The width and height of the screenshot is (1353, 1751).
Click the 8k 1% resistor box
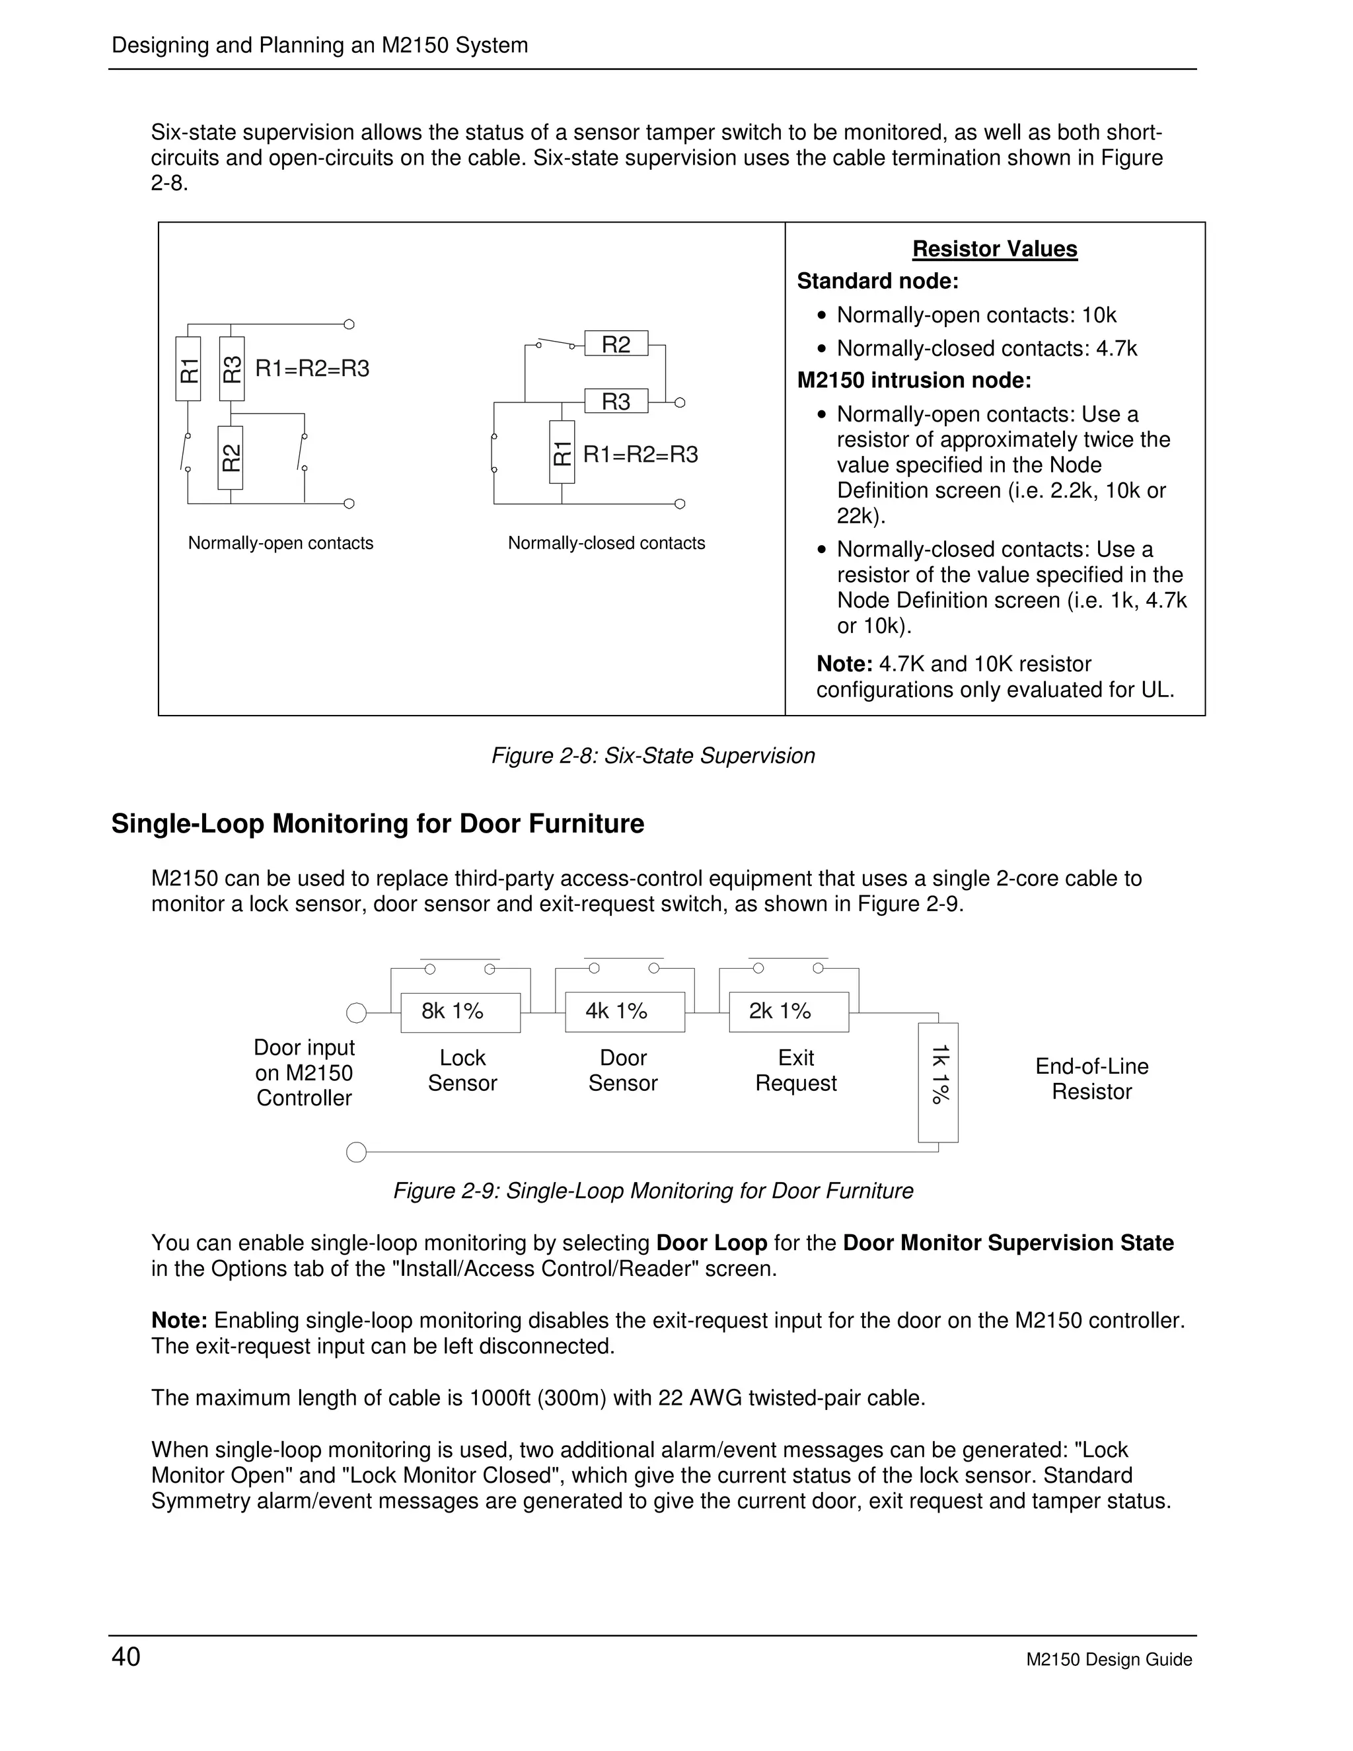(x=460, y=1012)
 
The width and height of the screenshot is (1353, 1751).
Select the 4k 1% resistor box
(x=624, y=1012)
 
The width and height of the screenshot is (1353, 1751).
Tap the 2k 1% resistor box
(x=788, y=1012)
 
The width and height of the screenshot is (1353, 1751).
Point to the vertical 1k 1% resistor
(x=938, y=1082)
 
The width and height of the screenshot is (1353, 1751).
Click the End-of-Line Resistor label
(x=1091, y=1078)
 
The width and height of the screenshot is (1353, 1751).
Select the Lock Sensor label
(x=462, y=1070)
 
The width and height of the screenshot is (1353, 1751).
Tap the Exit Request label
(x=795, y=1070)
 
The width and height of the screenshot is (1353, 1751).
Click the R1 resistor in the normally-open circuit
(x=188, y=369)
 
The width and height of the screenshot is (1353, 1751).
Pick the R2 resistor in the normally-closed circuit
(x=616, y=344)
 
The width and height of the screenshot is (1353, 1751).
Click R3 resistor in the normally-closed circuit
(x=616, y=401)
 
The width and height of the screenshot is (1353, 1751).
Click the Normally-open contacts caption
(x=281, y=544)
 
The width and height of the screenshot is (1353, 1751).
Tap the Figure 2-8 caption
(x=653, y=756)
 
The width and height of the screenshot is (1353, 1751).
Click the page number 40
(x=126, y=1657)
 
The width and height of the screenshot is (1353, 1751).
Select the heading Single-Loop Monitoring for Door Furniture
(x=377, y=824)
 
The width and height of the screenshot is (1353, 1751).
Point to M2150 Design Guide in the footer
(x=1109, y=1660)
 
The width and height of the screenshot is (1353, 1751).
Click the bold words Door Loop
(x=711, y=1244)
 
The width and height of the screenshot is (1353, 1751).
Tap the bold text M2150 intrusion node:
(x=914, y=381)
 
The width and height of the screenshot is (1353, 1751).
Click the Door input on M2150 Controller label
(x=304, y=1072)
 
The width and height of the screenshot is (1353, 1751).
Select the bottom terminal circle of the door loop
(x=356, y=1153)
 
